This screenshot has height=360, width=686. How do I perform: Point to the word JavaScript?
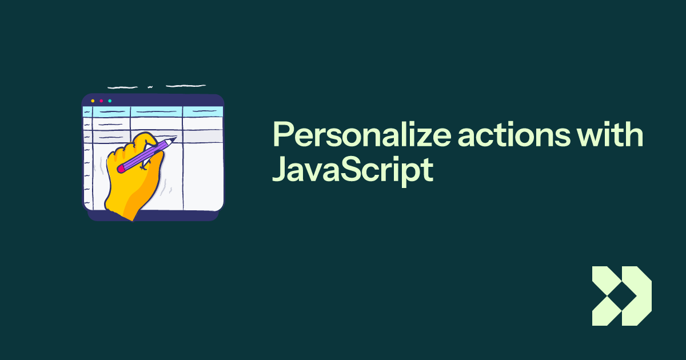(x=351, y=170)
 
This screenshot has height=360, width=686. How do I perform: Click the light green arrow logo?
(x=621, y=296)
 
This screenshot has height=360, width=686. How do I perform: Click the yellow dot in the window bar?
(x=93, y=101)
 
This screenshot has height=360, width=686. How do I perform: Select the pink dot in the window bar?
(x=101, y=101)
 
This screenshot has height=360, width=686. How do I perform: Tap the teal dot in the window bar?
(x=110, y=101)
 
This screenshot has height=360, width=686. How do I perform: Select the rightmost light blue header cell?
(x=202, y=111)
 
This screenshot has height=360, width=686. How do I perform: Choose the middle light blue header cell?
(x=156, y=111)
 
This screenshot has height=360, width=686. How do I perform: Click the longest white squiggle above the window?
(x=185, y=86)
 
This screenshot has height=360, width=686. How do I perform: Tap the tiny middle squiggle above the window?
(x=150, y=87)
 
